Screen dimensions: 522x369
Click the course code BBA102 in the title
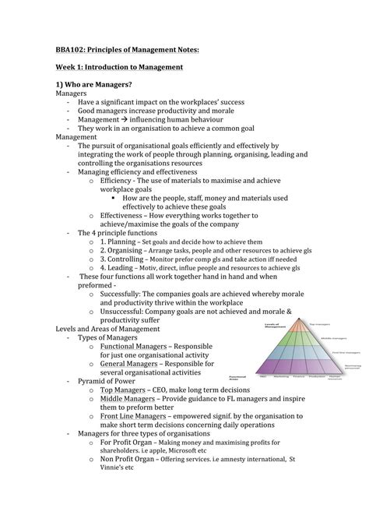pos(72,49)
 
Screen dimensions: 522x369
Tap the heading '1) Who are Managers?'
pos(92,85)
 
